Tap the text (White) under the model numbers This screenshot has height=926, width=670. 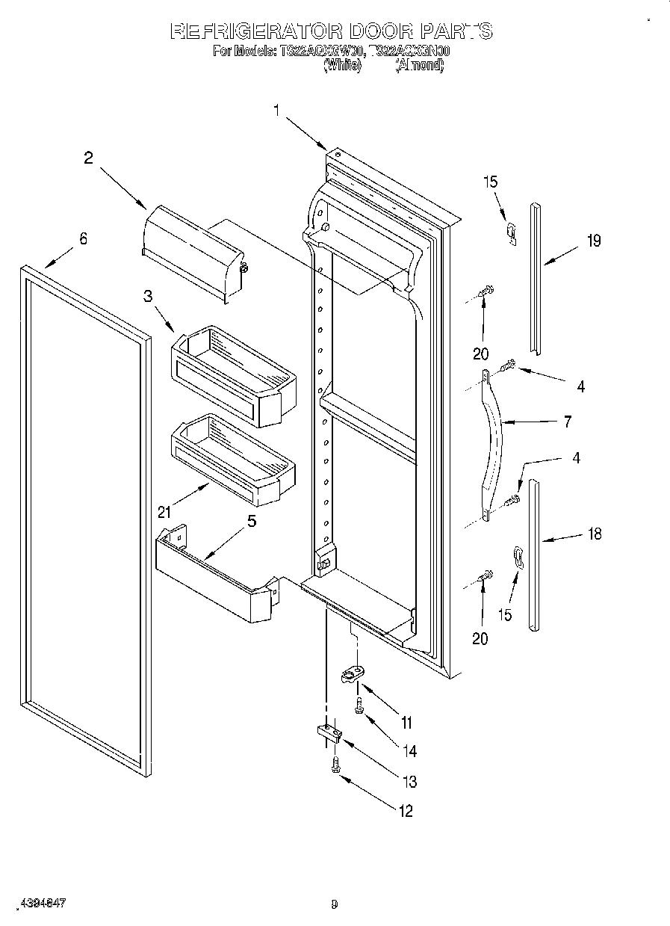[x=342, y=65]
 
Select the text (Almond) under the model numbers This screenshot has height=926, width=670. [x=419, y=65]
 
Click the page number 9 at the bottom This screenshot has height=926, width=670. [x=334, y=904]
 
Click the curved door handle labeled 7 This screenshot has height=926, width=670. [x=494, y=445]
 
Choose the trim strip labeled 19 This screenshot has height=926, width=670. [x=536, y=277]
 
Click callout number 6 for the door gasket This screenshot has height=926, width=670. [x=83, y=239]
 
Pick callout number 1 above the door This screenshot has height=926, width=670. [x=276, y=111]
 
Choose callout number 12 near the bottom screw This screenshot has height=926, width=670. [x=406, y=812]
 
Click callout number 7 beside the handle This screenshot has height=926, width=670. [x=567, y=422]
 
